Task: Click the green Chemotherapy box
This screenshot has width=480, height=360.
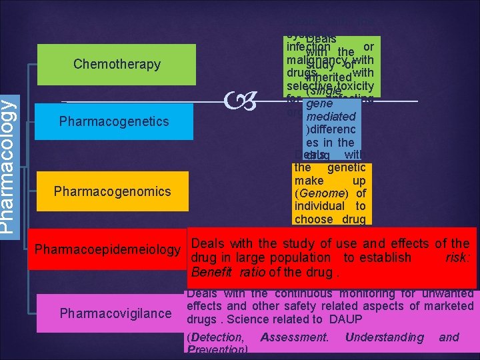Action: (117, 65)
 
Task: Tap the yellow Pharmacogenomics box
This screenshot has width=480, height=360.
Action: (112, 192)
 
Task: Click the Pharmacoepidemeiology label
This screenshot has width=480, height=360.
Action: (107, 250)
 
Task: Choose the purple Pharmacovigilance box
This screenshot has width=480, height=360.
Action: (115, 313)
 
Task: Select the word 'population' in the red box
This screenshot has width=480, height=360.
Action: (299, 257)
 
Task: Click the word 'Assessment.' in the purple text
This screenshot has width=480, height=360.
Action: (295, 337)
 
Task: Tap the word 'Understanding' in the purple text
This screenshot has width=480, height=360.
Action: (384, 337)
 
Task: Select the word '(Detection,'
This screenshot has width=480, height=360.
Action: (215, 337)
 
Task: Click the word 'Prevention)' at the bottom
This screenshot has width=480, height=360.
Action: (217, 349)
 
